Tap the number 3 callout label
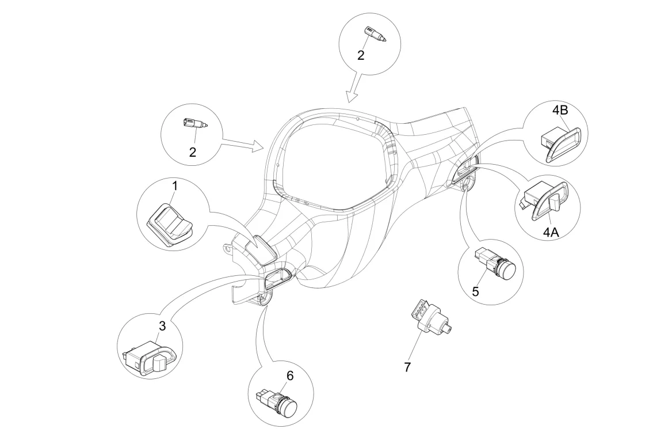pyautogui.click(x=162, y=326)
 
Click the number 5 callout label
pyautogui.click(x=475, y=291)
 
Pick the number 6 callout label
pyautogui.click(x=289, y=375)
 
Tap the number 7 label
pyautogui.click(x=407, y=367)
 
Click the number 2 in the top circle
pyautogui.click(x=361, y=55)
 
